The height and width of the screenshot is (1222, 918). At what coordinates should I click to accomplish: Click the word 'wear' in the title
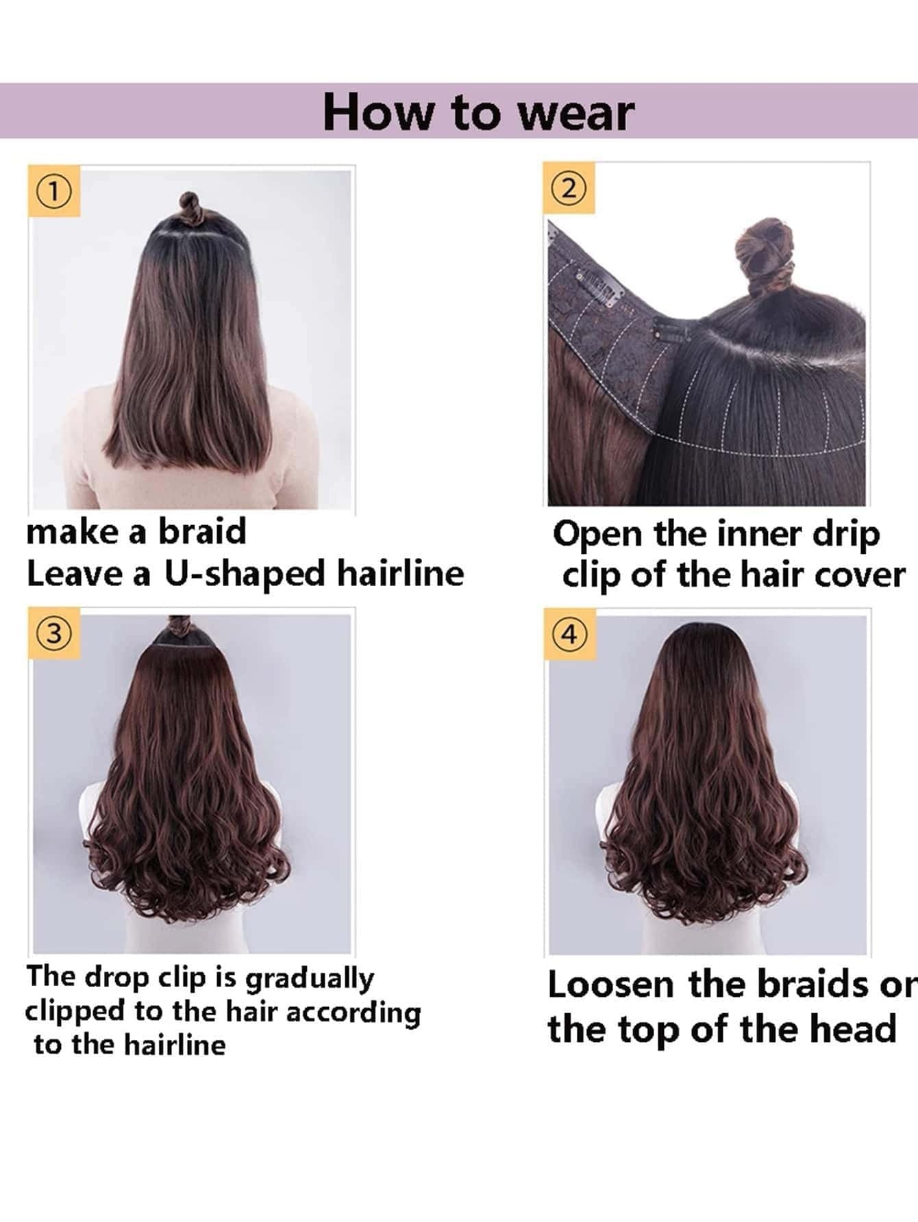click(576, 113)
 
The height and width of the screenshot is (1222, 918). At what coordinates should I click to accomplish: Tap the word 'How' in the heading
click(378, 112)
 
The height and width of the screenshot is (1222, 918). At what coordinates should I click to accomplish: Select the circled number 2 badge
click(569, 189)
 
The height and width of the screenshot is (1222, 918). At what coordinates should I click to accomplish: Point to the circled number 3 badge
click(54, 634)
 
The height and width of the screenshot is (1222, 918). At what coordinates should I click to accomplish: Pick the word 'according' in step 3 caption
click(353, 1014)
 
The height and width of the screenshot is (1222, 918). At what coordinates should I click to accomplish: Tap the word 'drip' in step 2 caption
click(845, 535)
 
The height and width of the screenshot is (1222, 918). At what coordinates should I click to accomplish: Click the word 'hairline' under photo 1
click(400, 573)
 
